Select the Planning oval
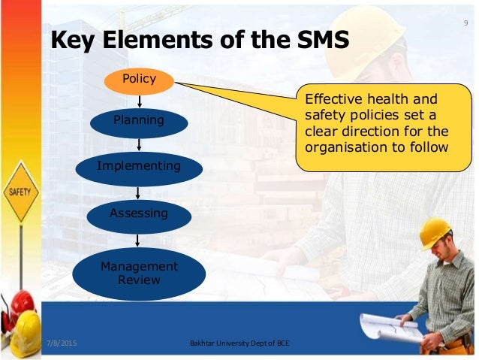tap(139, 121)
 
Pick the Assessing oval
tap(139, 214)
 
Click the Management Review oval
tap(139, 273)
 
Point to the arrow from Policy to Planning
tap(139, 101)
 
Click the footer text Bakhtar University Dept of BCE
tap(239, 344)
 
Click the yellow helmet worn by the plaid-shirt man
tap(434, 231)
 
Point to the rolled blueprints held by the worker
tap(387, 327)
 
